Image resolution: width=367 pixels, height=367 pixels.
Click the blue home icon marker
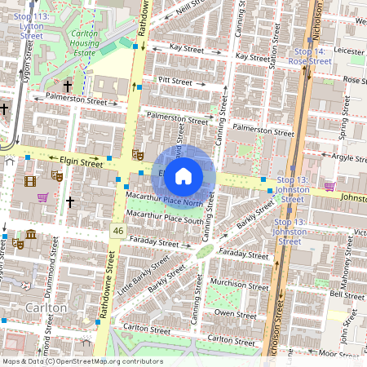pyautogui.click(x=183, y=175)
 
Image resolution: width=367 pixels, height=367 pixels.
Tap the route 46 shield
pyautogui.click(x=117, y=232)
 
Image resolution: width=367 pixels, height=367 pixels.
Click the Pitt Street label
pyautogui.click(x=175, y=82)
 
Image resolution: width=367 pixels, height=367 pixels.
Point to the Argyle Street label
pyautogui.click(x=347, y=157)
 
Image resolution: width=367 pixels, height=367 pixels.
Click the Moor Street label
pyautogui.click(x=338, y=354)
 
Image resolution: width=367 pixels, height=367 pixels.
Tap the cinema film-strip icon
pyautogui.click(x=31, y=181)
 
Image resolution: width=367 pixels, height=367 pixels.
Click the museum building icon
pyautogui.click(x=30, y=236)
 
